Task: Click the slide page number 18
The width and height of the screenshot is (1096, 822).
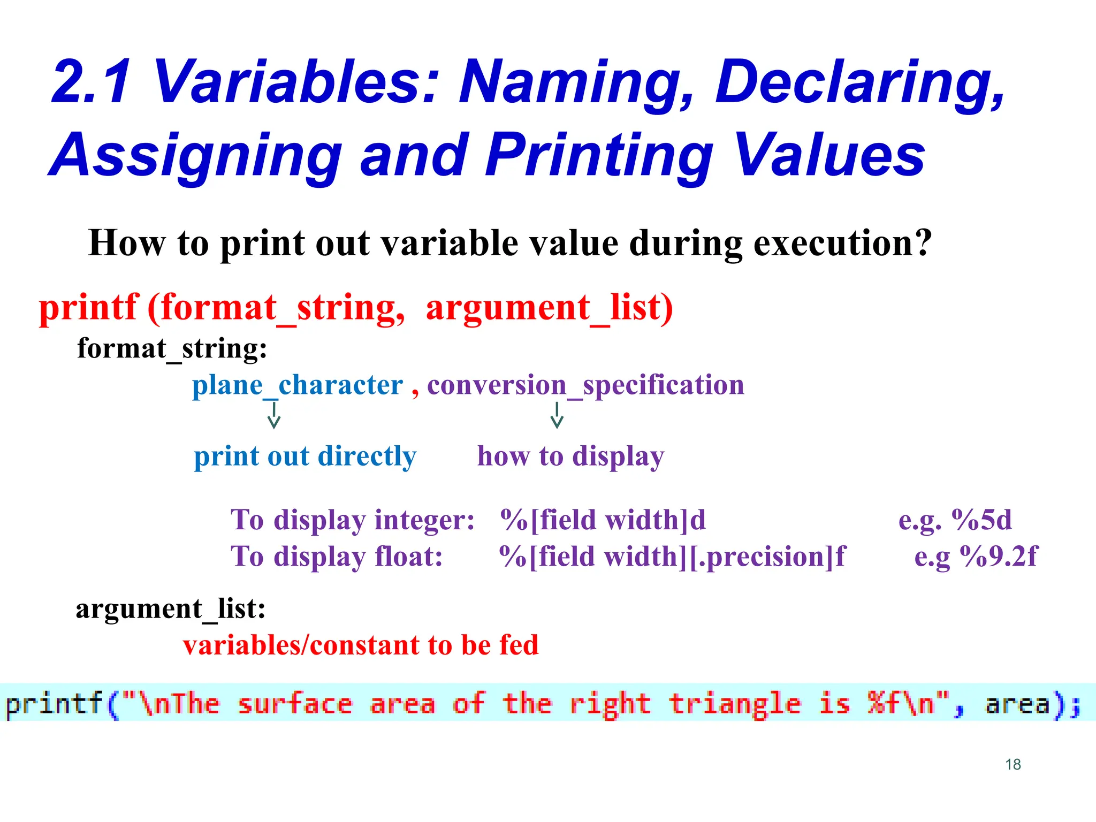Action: (x=1013, y=764)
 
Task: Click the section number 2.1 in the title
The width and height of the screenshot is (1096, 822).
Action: (x=92, y=82)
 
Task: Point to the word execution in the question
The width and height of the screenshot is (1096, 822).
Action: (x=842, y=243)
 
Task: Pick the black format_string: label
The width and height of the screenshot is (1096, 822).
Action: (x=172, y=348)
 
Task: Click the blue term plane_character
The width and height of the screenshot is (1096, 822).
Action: (x=298, y=385)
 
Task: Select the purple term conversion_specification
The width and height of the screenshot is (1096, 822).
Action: (x=585, y=385)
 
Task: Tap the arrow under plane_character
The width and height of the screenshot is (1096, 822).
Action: (x=274, y=416)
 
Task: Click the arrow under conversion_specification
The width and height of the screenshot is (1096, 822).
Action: (x=557, y=416)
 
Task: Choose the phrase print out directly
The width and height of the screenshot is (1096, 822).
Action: (x=305, y=456)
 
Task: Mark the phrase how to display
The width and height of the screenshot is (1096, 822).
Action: (x=570, y=456)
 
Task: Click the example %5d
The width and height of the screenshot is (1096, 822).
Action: (x=981, y=520)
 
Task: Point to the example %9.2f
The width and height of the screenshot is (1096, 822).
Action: (x=999, y=557)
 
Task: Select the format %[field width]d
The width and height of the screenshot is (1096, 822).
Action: (x=603, y=520)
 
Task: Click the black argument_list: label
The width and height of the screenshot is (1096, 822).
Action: (x=171, y=608)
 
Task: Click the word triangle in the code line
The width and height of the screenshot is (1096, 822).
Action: (x=734, y=704)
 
